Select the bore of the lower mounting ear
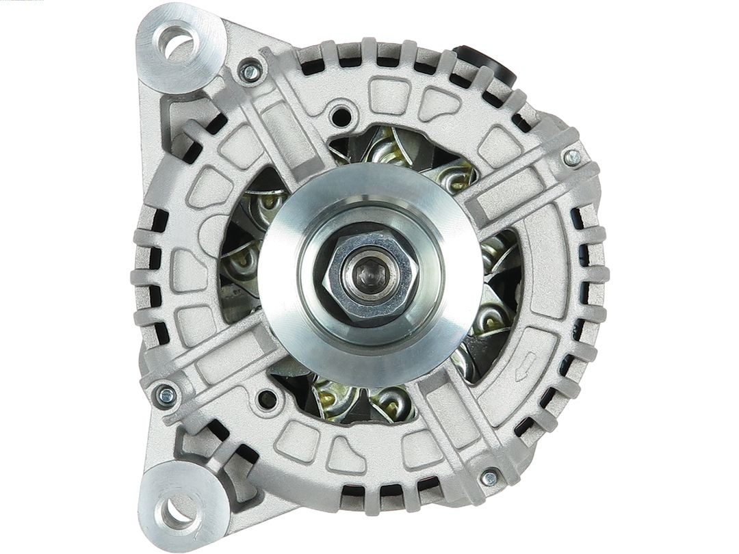tap(177, 510)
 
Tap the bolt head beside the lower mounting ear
tap(166, 395)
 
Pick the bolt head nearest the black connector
tap(571, 157)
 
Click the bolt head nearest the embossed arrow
tap(489, 478)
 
